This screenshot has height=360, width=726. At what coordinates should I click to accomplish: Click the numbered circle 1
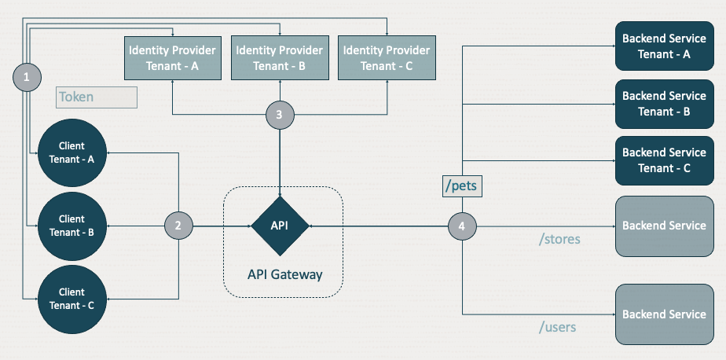click(x=27, y=77)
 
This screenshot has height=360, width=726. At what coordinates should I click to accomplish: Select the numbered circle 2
click(x=178, y=226)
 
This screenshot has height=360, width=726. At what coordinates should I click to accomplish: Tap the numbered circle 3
click(x=280, y=114)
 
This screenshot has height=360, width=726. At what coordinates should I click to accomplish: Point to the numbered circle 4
click(x=462, y=226)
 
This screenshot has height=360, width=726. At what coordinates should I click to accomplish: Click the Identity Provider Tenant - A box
click(x=172, y=57)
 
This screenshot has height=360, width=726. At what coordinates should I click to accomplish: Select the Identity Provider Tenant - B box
click(x=279, y=57)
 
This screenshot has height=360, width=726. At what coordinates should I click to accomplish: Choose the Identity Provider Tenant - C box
click(x=386, y=57)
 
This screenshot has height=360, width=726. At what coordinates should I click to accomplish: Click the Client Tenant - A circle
click(x=71, y=152)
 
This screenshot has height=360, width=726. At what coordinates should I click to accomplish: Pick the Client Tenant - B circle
click(x=71, y=226)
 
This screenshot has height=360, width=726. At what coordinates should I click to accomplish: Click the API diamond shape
click(x=280, y=226)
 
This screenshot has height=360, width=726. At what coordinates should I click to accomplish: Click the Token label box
click(x=97, y=97)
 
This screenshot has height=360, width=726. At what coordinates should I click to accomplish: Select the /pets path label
click(x=463, y=187)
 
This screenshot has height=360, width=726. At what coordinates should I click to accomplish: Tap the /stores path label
click(x=559, y=239)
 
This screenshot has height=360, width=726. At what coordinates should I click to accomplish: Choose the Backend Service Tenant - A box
click(x=664, y=46)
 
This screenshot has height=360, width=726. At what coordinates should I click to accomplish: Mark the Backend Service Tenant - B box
click(x=664, y=103)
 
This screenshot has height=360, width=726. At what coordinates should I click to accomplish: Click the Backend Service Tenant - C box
click(x=664, y=160)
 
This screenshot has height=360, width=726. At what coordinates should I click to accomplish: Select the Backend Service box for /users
click(x=664, y=314)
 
